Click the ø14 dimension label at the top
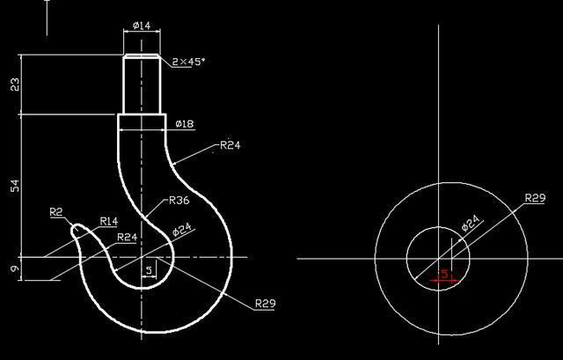(141, 26)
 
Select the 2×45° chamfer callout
(188, 62)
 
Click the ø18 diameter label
(185, 124)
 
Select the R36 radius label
(179, 200)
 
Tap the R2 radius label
(56, 212)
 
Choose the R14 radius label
(109, 221)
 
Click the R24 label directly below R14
(128, 238)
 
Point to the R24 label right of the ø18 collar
(230, 145)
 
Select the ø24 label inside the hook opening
(182, 231)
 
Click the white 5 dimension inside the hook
(149, 269)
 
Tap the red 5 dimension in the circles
(444, 275)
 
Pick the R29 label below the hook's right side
(265, 304)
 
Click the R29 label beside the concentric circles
(535, 199)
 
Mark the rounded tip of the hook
(77, 231)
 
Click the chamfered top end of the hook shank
(141, 57)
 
